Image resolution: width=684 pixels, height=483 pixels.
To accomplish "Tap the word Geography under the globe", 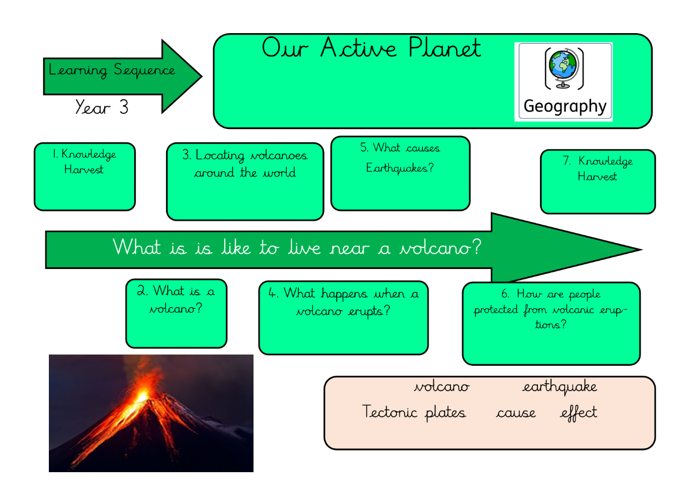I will coord(565,106).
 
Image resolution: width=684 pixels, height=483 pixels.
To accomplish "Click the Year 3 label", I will coord(102,107).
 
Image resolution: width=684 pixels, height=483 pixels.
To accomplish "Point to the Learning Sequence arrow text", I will coord(112,70).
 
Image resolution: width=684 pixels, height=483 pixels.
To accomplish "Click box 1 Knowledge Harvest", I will coord(85,176).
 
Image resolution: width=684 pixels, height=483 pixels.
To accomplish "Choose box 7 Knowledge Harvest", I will coord(598,181).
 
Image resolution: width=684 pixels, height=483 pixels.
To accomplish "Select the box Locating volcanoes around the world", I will coord(245,181).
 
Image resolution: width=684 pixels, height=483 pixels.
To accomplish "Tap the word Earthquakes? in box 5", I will coord(400,168).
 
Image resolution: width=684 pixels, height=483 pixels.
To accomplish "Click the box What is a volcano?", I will coord(176,313).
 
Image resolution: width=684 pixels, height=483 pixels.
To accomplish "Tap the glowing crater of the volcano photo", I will coord(142,394).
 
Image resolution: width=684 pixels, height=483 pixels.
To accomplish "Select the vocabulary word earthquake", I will coord(560,387).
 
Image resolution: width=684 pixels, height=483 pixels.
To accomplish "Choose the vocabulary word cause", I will coord(516,413).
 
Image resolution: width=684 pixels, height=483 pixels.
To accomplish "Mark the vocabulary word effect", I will coord(579,413).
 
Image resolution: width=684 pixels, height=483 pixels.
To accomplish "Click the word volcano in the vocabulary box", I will coord(442,387).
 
